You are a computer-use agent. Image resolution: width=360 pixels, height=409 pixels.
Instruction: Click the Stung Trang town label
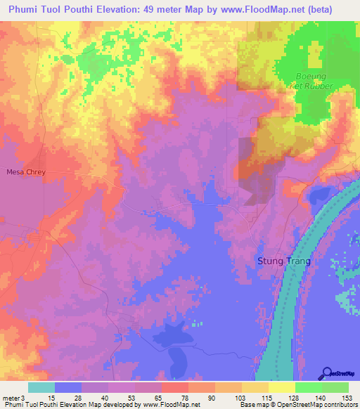coord(281,261)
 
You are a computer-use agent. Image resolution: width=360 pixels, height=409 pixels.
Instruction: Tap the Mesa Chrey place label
coord(25,171)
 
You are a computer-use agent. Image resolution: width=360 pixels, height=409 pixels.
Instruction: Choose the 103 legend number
coord(241,397)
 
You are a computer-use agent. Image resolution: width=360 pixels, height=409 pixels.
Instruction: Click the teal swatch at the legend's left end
coord(41,387)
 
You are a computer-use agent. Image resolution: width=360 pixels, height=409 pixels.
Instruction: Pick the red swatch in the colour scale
coord(174,387)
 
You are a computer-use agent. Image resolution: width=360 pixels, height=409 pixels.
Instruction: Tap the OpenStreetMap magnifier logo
coord(327,373)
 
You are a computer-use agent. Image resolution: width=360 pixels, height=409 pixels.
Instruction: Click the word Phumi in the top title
coord(27,9)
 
